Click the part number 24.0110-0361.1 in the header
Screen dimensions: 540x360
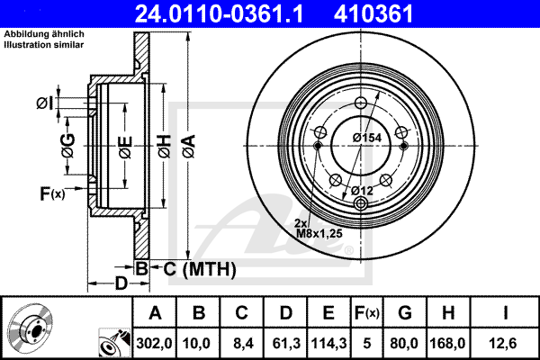219,13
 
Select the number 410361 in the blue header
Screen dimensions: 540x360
373,13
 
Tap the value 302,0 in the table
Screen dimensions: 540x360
154,344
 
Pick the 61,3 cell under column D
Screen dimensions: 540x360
286,344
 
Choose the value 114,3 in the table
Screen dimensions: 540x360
328,344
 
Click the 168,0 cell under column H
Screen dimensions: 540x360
447,344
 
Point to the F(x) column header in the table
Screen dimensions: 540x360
367,313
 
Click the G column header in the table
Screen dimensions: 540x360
405,313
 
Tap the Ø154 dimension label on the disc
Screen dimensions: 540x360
367,138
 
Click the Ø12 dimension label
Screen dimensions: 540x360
363,191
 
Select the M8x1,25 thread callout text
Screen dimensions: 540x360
319,234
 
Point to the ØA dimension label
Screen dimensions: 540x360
189,147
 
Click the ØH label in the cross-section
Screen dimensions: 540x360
165,147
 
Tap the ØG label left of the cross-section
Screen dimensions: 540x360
67,146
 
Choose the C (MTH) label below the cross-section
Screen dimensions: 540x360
200,269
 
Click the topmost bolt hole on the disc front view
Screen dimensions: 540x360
361,103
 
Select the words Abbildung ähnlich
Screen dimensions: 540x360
44,34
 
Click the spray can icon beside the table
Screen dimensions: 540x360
114,343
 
